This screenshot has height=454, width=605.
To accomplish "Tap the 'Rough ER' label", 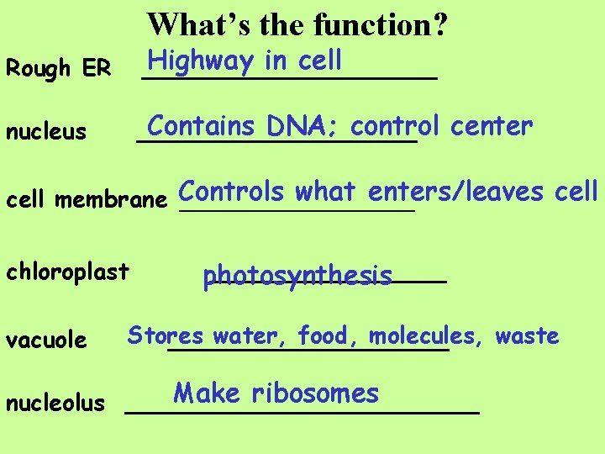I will click(58, 69).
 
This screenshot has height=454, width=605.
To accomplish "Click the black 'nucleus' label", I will click(46, 132).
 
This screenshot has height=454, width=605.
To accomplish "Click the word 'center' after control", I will click(492, 127).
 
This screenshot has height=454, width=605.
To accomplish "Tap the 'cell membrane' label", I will click(87, 200).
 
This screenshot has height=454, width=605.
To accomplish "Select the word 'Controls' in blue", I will click(231, 192).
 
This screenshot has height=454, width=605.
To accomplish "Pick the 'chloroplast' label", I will click(67, 272).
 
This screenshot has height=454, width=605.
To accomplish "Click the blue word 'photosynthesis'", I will click(297, 277).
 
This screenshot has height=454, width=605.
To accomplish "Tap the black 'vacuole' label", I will click(46, 340).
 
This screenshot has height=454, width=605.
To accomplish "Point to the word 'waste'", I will click(527, 336).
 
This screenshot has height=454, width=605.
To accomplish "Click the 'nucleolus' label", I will click(55, 404).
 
